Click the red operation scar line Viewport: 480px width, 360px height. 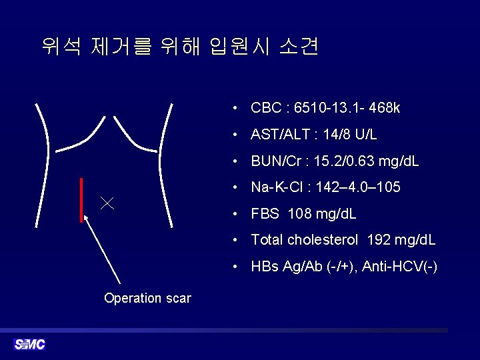pyautogui.click(x=81, y=199)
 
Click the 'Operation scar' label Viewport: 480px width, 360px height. pyautogui.click(x=147, y=299)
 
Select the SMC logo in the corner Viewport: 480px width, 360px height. pyautogui.click(x=29, y=344)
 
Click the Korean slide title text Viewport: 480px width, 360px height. pyautogui.click(x=179, y=47)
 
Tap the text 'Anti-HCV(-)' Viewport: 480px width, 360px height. pyautogui.click(x=399, y=267)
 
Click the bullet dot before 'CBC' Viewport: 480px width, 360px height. pyautogui.click(x=236, y=109)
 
